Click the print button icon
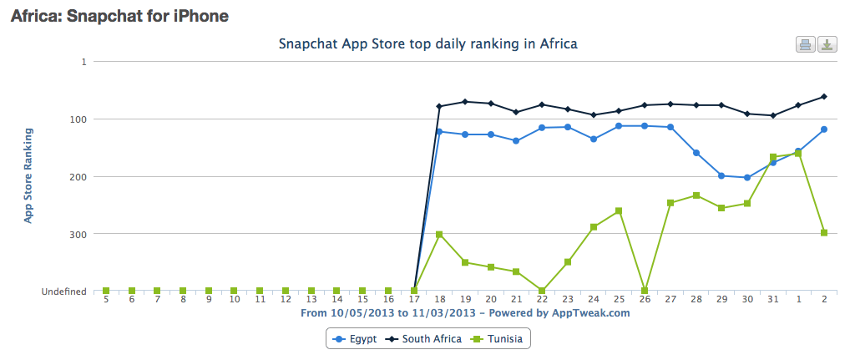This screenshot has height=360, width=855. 806,45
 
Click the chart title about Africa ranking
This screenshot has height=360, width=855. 427,43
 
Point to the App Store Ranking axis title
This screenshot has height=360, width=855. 28,175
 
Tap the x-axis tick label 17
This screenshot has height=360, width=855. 414,299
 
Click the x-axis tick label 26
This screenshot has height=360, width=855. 645,299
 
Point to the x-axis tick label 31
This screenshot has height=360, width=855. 773,299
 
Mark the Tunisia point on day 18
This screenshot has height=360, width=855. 439,235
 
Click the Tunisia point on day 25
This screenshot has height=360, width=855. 619,211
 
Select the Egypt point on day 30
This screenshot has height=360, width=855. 747,177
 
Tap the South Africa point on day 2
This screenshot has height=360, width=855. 824,97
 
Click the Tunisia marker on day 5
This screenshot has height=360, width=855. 106,291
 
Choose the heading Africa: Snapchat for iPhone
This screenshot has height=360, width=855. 119,16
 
